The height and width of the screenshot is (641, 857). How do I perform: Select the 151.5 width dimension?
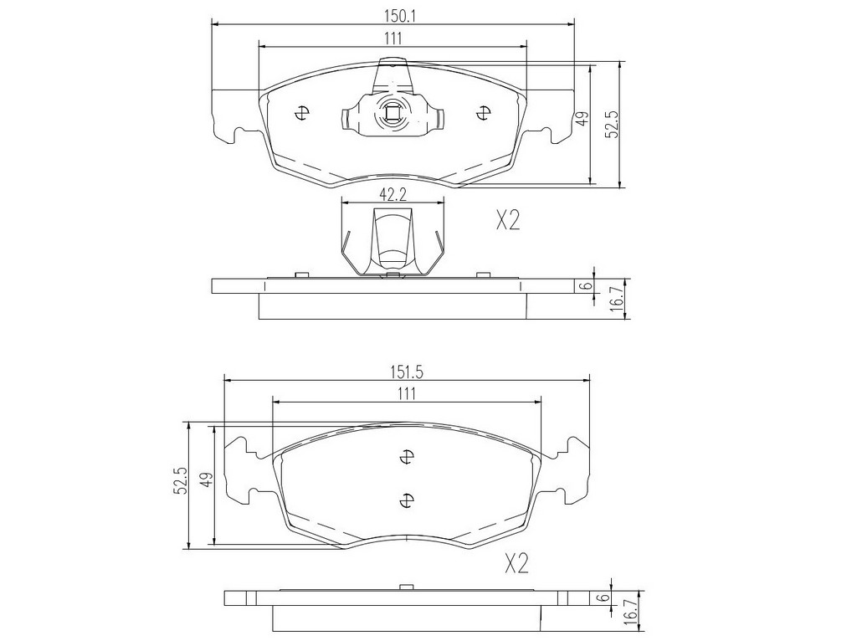[407, 372]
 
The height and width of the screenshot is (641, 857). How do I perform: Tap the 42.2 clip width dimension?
[393, 194]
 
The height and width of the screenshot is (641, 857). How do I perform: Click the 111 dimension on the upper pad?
[393, 38]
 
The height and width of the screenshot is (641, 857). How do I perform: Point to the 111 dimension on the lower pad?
[407, 394]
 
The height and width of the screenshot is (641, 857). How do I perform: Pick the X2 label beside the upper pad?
[508, 221]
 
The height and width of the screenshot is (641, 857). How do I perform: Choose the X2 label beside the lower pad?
[516, 564]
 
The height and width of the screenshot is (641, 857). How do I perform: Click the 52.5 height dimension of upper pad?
[613, 124]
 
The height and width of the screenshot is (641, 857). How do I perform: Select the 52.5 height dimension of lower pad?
[182, 481]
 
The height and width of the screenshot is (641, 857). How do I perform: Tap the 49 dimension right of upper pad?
[583, 119]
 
